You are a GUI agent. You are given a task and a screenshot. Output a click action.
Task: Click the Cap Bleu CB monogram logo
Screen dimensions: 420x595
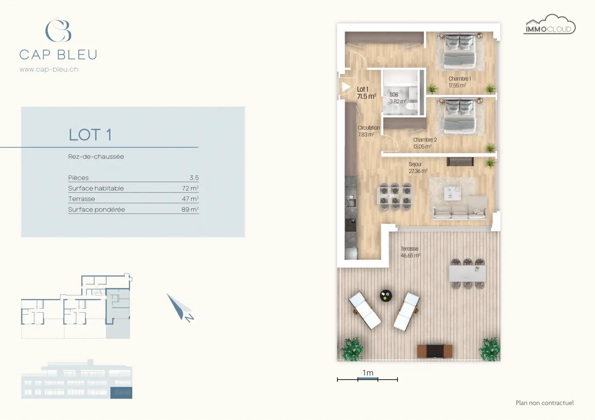(58, 30)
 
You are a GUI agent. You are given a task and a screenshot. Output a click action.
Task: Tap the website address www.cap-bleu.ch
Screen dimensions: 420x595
(49, 69)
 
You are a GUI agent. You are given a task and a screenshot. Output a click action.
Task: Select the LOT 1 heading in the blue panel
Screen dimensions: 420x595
(90, 135)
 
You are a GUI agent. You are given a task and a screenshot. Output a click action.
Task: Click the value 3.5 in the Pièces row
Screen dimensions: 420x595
(194, 178)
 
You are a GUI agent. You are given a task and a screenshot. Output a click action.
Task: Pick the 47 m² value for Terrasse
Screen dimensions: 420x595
(190, 199)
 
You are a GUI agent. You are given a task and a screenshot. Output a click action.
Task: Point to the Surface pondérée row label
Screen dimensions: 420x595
(96, 210)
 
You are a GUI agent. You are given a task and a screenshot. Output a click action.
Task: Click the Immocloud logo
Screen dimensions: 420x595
(549, 25)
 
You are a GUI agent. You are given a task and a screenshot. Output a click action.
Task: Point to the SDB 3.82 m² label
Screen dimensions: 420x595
(397, 98)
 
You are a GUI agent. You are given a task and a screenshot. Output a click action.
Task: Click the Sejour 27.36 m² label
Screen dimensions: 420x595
(417, 168)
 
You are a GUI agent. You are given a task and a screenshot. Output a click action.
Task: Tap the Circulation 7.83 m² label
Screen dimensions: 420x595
(368, 131)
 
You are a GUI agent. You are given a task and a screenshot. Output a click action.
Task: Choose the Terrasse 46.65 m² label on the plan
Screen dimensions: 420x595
(410, 252)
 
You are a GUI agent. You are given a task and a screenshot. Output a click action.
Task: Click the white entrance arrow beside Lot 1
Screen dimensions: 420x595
(346, 87)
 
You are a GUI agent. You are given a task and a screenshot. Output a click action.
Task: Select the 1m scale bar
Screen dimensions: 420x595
(367, 378)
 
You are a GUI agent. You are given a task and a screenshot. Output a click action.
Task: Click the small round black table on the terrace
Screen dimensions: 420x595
(386, 295)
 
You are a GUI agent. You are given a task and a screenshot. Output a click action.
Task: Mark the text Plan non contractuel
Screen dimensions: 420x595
(544, 403)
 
